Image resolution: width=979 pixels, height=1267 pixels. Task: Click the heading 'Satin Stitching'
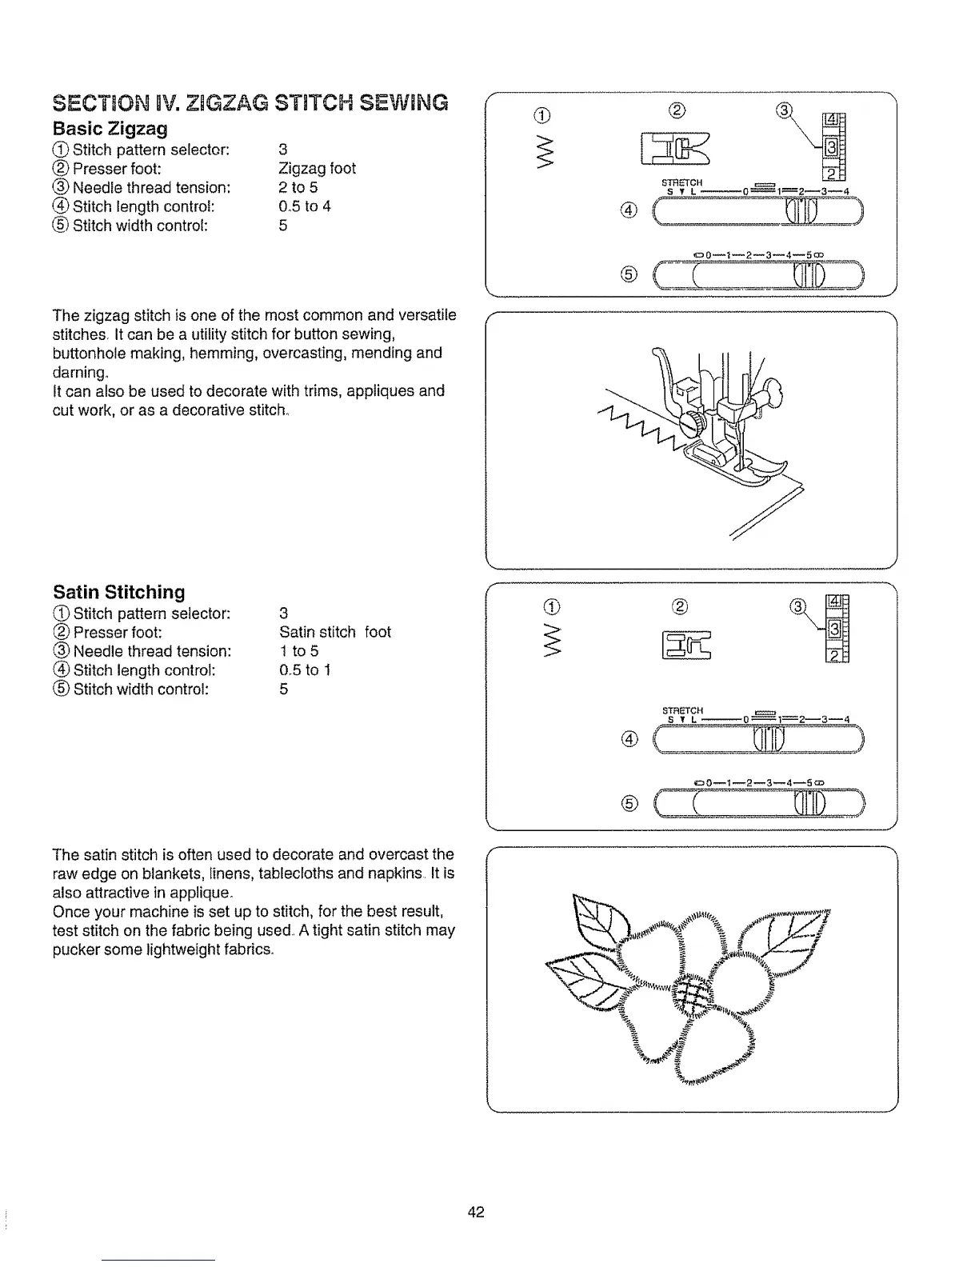click(x=118, y=593)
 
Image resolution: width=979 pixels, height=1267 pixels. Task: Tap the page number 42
click(x=477, y=1212)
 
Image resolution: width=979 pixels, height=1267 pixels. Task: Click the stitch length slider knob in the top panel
click(x=801, y=212)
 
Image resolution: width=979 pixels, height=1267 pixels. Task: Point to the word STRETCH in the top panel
click(x=683, y=182)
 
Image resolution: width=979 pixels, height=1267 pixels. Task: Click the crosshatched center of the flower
click(x=691, y=997)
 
